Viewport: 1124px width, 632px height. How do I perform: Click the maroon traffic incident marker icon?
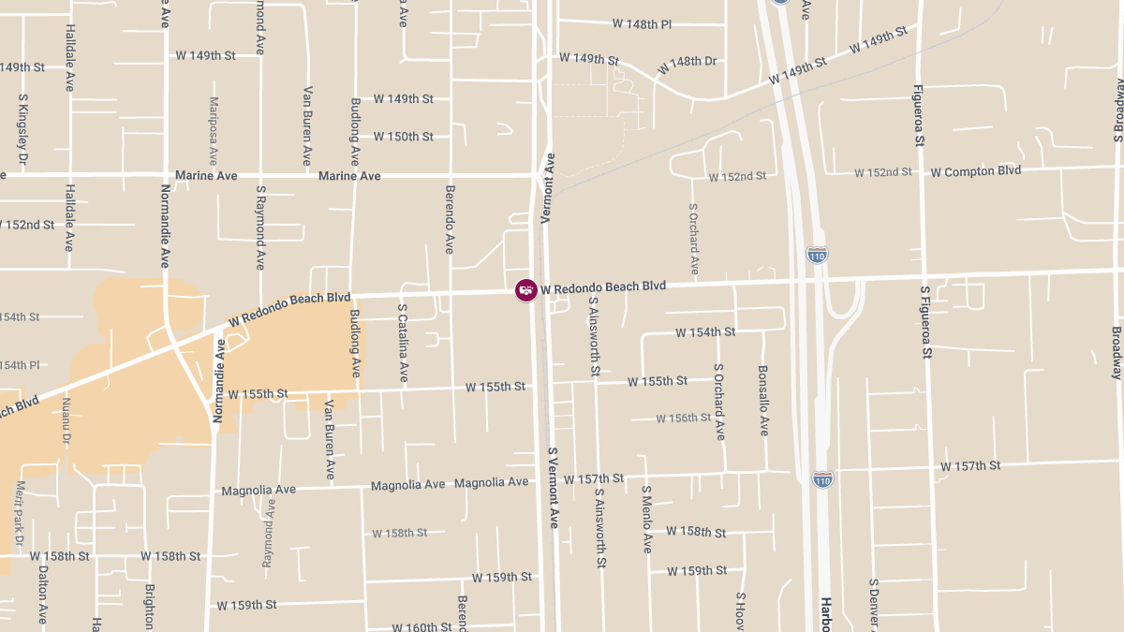click(526, 290)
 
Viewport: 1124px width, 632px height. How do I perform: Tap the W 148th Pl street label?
click(642, 23)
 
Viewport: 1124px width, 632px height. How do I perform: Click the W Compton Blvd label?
click(975, 171)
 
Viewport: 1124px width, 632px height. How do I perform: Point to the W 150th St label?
click(403, 137)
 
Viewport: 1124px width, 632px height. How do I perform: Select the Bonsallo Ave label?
click(763, 401)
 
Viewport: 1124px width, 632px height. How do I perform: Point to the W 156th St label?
click(684, 419)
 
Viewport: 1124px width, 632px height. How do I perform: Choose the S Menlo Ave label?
click(646, 519)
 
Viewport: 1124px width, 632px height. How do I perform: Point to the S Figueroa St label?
click(926, 323)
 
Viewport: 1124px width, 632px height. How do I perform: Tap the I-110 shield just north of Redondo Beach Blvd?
click(817, 255)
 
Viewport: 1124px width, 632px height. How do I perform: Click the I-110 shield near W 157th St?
click(822, 479)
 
